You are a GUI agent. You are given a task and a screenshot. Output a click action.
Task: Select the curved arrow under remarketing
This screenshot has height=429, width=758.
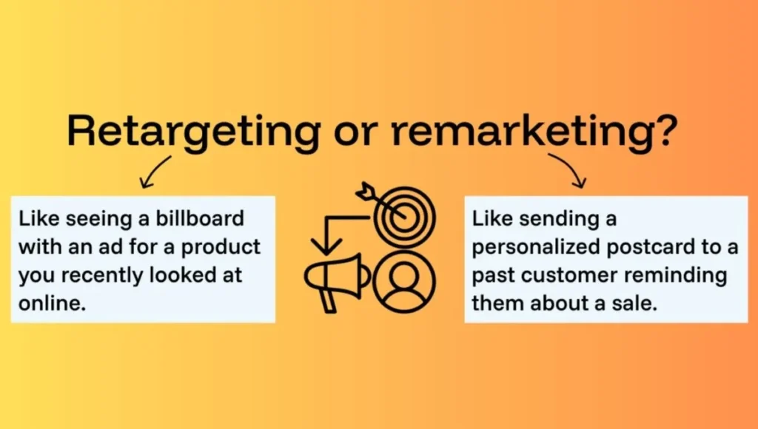570,170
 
